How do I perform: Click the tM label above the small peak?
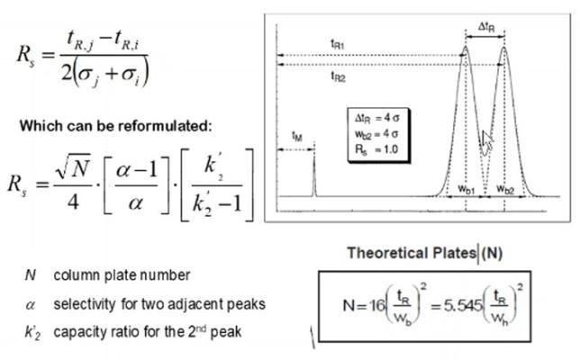(x=297, y=137)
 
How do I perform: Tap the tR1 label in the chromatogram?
(x=338, y=44)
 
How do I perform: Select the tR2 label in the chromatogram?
(x=338, y=76)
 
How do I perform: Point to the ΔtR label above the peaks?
(x=486, y=27)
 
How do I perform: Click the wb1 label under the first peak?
(x=467, y=189)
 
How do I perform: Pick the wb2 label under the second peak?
(x=505, y=189)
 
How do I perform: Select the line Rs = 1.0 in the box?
(x=376, y=149)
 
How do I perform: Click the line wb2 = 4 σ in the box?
(x=376, y=134)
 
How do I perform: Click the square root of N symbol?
(x=72, y=168)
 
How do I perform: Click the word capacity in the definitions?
(x=78, y=332)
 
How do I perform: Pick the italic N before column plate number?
(x=31, y=275)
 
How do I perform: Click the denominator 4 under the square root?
(x=73, y=202)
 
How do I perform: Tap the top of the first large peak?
(x=466, y=47)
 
